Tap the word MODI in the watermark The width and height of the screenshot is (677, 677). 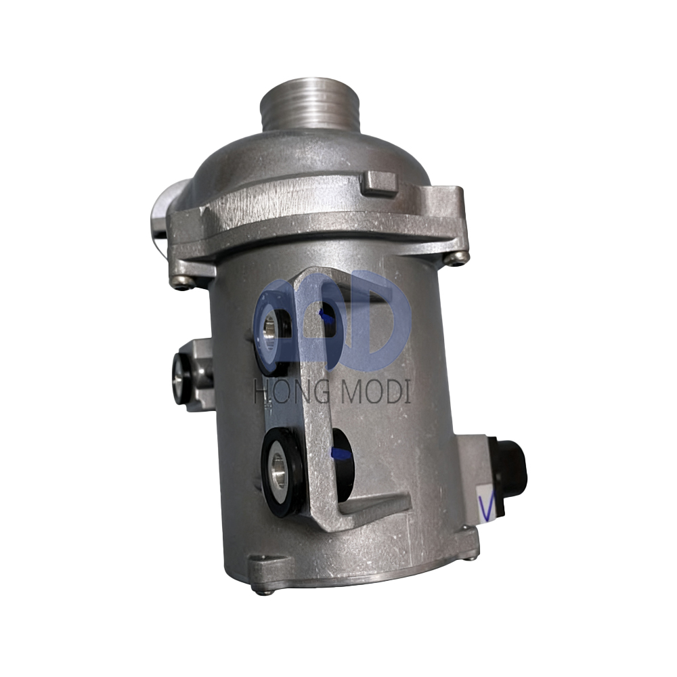coord(374,391)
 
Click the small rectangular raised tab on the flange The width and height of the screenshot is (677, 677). coord(380,183)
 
